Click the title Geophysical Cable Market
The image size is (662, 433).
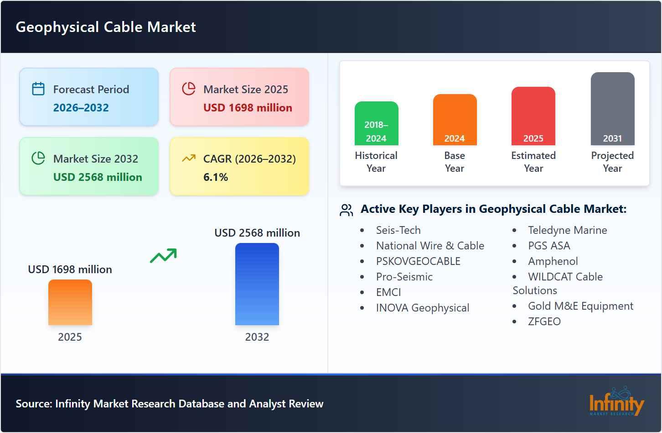tap(106, 27)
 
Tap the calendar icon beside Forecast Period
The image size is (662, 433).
tap(38, 89)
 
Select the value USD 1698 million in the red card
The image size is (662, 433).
tap(248, 108)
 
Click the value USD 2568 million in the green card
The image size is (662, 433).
tap(98, 177)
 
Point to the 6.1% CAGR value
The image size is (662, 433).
tap(216, 177)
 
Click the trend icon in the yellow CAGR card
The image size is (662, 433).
tap(188, 158)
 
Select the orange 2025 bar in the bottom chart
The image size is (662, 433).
tap(70, 302)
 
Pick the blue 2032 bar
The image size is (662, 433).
tap(257, 284)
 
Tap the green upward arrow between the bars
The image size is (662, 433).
tap(163, 256)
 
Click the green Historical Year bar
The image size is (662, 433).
tap(376, 123)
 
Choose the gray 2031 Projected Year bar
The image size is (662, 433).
tap(612, 109)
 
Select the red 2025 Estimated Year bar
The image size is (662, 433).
tap(533, 116)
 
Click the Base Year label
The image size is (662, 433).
tap(455, 162)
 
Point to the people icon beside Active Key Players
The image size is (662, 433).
tap(347, 210)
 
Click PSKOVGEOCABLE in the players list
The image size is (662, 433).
tap(418, 261)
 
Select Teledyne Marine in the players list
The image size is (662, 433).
tap(567, 230)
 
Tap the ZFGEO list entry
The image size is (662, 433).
tap(544, 322)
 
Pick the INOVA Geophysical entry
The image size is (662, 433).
tap(422, 308)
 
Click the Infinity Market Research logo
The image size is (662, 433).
tap(616, 402)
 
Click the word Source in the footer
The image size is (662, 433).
tap(33, 404)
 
